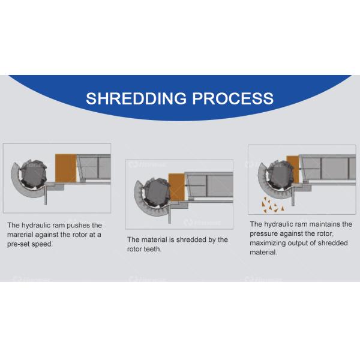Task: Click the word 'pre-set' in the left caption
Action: pos(20,244)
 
